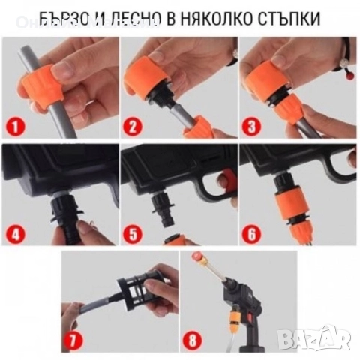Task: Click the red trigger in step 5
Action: pos(223,179)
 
